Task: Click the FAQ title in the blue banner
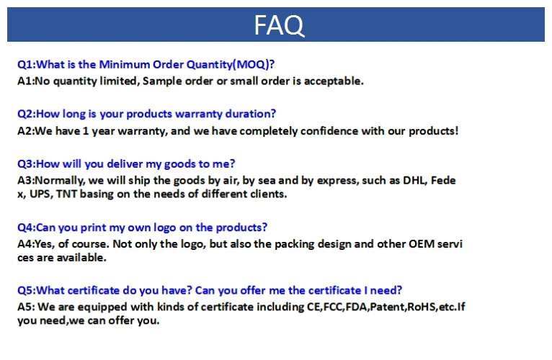coord(279,25)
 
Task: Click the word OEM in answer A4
coord(419,244)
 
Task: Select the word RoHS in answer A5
coord(424,307)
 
